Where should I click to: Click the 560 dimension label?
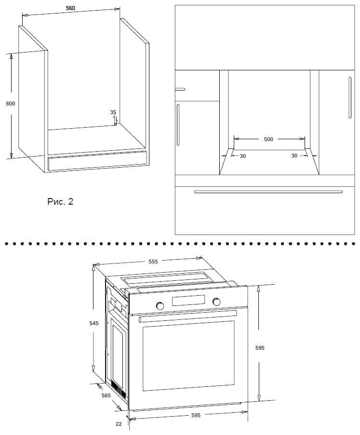tap(70, 9)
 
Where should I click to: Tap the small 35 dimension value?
tap(113, 112)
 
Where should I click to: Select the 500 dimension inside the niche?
tap(268, 139)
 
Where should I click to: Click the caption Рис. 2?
tap(60, 201)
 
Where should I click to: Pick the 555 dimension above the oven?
tap(153, 262)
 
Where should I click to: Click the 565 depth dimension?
tap(106, 395)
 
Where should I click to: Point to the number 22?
tap(119, 424)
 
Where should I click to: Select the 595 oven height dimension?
tap(260, 347)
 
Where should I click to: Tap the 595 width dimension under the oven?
tap(195, 415)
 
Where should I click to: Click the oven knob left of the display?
tap(159, 305)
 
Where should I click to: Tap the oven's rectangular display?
tap(187, 302)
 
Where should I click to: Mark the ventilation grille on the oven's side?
tap(117, 387)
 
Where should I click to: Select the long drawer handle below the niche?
tap(268, 191)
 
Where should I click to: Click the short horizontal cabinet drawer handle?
tap(180, 89)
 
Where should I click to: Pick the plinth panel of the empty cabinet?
tap(96, 161)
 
